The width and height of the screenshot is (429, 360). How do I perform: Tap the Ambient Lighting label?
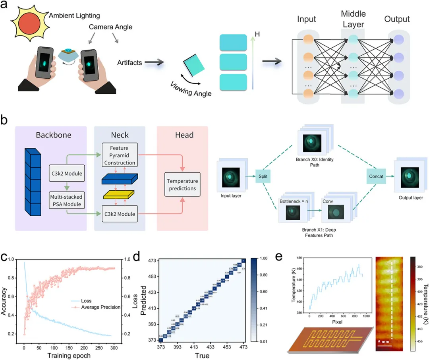pos(74,15)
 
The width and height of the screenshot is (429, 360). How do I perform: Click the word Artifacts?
pos(129,62)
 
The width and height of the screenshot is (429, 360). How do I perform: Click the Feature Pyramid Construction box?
pos(120,155)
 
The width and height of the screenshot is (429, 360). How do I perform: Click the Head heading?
pos(184,135)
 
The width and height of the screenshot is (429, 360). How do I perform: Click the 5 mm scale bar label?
pos(384,341)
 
